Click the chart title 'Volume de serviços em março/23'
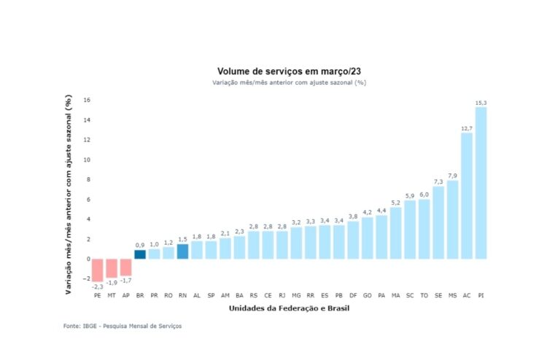pyautogui.click(x=289, y=71)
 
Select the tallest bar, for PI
pyautogui.click(x=481, y=182)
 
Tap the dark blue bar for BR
pyautogui.click(x=140, y=254)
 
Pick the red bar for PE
pyautogui.click(x=98, y=270)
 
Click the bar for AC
pyautogui.click(x=467, y=195)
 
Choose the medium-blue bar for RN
pyautogui.click(x=182, y=251)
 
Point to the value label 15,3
pyautogui.click(x=481, y=103)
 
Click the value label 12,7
pyautogui.click(x=467, y=128)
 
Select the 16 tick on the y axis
pyautogui.click(x=86, y=100)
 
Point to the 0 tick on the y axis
pyautogui.click(x=88, y=259)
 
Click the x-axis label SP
pyautogui.click(x=211, y=295)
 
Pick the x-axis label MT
pyautogui.click(x=112, y=295)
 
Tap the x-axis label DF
pyautogui.click(x=353, y=295)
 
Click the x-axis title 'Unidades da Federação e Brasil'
pyautogui.click(x=289, y=309)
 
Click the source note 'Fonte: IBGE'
pyautogui.click(x=123, y=326)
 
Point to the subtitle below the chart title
pyautogui.click(x=289, y=83)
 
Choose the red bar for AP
pyautogui.click(x=126, y=267)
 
